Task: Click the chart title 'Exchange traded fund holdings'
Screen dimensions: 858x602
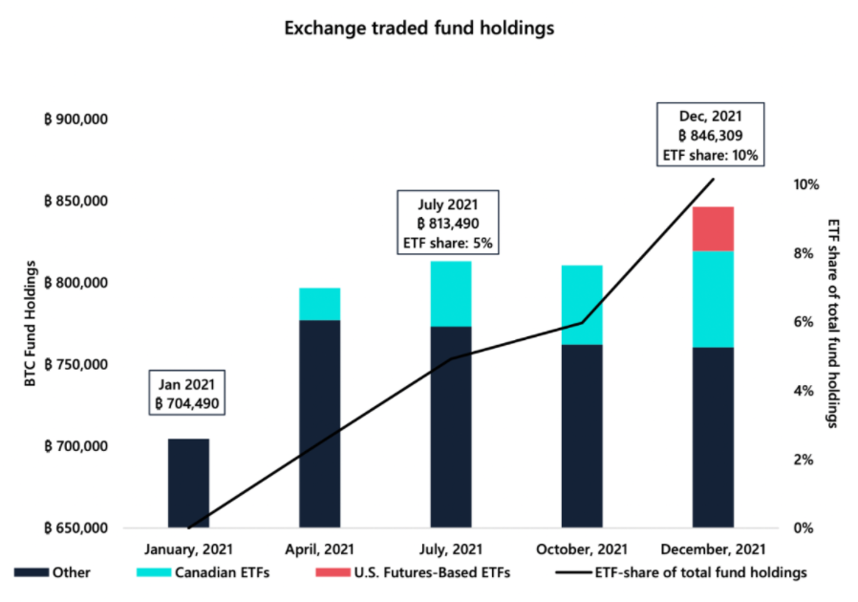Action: click(x=419, y=28)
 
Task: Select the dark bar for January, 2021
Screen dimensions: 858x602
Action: click(x=188, y=484)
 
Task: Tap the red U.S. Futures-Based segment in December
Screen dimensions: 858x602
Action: click(x=713, y=228)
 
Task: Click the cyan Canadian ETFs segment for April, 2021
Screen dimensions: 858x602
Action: click(x=319, y=304)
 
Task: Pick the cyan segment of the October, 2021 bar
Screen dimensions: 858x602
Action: click(x=582, y=305)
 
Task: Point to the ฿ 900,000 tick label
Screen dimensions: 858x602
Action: click(x=75, y=119)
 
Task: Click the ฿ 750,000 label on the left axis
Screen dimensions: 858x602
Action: click(x=75, y=364)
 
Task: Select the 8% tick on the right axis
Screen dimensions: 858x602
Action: click(x=804, y=253)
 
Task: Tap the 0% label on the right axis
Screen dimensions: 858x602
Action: click(x=804, y=528)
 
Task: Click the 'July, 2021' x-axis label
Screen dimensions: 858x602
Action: click(x=451, y=548)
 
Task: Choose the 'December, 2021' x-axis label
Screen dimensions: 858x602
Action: click(x=713, y=548)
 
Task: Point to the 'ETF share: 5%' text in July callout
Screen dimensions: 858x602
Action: click(x=447, y=243)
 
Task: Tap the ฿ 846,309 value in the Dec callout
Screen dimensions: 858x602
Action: click(x=710, y=136)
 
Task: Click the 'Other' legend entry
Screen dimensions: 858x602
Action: click(x=53, y=572)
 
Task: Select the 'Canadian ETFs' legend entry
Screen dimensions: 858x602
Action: click(x=203, y=572)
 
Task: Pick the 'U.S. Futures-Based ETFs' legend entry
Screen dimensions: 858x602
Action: click(x=413, y=572)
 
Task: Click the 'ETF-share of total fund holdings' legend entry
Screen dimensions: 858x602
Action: click(x=681, y=572)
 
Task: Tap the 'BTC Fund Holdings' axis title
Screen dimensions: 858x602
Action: click(x=30, y=323)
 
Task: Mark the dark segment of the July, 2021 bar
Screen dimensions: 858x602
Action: click(x=451, y=427)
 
